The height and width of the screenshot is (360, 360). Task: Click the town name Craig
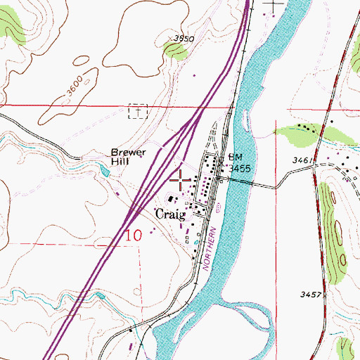tap(171, 214)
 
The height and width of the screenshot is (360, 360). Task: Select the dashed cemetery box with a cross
tap(139, 112)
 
